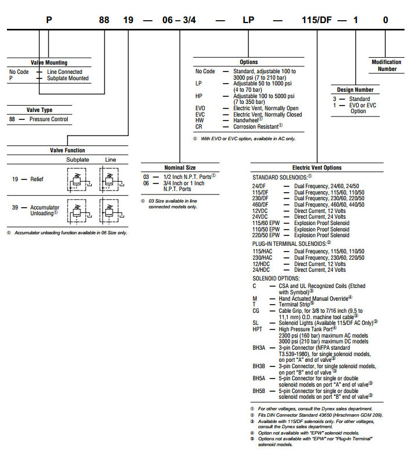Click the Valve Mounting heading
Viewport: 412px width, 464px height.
coord(48,62)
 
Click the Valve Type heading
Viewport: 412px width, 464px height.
coord(39,110)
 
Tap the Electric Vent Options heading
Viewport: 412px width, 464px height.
coord(317,168)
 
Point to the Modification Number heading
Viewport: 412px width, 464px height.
coord(385,65)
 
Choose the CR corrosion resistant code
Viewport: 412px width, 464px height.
coord(199,125)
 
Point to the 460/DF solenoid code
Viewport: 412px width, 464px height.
coord(261,204)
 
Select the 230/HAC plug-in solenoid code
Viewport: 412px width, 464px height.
coord(263,257)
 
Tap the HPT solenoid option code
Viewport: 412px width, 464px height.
coord(258,328)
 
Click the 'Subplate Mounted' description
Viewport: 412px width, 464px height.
coord(68,78)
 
